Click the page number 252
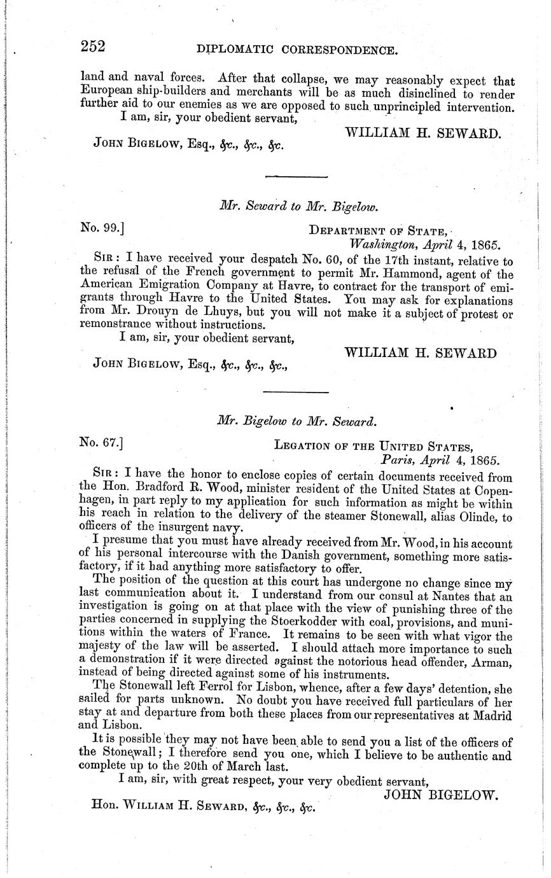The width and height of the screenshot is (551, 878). point(92,46)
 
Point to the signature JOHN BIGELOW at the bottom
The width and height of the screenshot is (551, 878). point(440,795)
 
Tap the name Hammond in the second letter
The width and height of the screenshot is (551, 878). point(405,275)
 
